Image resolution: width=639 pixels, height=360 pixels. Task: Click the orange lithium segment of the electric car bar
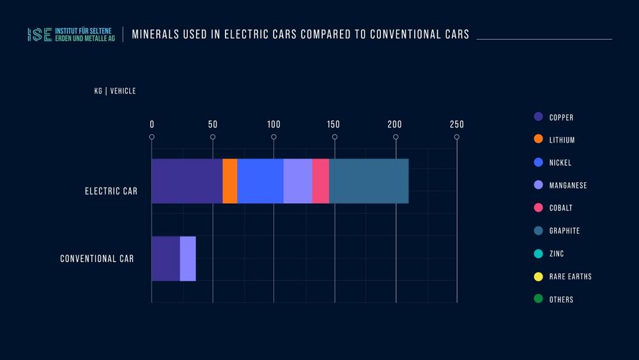coord(230,181)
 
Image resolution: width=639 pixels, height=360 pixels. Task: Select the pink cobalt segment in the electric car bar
coord(321,181)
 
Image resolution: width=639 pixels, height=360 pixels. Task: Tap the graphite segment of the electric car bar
coord(369,181)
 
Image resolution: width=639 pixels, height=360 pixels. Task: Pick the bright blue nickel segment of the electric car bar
coord(260,181)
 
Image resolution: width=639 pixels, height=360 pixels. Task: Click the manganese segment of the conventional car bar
coord(188,258)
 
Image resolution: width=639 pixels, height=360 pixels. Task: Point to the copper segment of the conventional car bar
coord(166,258)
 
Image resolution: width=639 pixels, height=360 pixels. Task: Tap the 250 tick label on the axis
coord(456,124)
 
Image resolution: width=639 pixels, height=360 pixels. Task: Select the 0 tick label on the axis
coord(151,124)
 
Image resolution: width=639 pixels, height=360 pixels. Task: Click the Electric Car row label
coord(111,191)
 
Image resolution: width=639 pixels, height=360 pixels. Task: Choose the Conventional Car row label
coord(97,259)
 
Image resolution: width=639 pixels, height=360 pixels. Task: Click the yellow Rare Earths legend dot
coord(538,277)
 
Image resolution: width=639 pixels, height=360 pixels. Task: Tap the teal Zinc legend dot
coord(538,254)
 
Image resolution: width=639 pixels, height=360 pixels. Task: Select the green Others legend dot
coord(538,299)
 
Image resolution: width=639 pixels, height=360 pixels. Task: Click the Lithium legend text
coord(562,140)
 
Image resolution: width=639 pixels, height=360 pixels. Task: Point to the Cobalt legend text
coord(560,208)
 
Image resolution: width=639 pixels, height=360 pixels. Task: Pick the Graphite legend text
coord(564,231)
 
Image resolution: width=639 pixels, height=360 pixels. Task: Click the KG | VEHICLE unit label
coord(115,91)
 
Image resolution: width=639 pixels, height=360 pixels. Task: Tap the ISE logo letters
coord(40,35)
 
